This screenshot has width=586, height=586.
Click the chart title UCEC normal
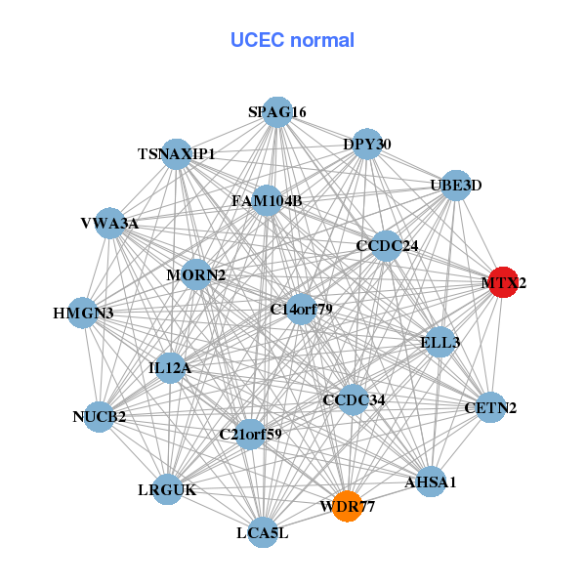[292, 40]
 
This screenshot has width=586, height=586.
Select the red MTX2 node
[502, 283]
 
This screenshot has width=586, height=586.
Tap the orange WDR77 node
[347, 506]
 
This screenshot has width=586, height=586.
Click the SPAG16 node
[277, 112]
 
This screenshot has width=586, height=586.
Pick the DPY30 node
[367, 145]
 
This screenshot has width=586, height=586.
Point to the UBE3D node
[456, 185]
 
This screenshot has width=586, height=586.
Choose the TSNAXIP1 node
[177, 154]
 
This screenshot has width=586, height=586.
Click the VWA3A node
[110, 224]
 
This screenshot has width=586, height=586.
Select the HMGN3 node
[83, 314]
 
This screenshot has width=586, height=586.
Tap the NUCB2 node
[100, 417]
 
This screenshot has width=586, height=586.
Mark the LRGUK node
[168, 489]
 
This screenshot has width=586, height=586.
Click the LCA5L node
[262, 532]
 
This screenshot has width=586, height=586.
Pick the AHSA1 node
[431, 481]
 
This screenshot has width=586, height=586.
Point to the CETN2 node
[490, 407]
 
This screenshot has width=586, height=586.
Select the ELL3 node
[440, 342]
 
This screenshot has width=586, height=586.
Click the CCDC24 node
[387, 245]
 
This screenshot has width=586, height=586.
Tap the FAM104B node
[267, 201]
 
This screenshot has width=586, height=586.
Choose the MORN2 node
[196, 275]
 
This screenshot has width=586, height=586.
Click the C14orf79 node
[302, 310]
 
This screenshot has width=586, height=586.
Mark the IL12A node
[171, 368]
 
